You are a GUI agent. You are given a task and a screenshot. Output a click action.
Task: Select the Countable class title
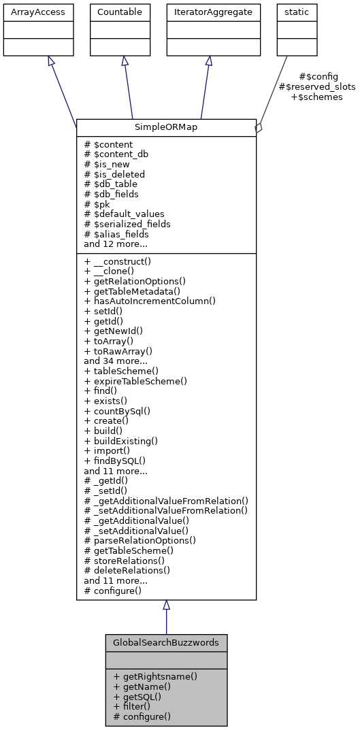120,12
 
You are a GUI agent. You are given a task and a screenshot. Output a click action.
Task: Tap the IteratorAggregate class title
212,12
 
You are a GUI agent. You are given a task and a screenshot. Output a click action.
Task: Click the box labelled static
291,12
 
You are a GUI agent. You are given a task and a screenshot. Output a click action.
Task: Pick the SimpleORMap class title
166,128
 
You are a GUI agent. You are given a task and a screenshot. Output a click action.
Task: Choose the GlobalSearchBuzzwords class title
166,642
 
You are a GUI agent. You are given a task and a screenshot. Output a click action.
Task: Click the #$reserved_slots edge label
317,87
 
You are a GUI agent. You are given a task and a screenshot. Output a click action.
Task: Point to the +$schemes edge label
316,97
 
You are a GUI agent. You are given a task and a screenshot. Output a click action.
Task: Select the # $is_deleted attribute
114,174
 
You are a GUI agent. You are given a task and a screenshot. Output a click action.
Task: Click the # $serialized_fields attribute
127,224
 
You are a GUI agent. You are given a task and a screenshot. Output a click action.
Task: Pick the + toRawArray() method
118,351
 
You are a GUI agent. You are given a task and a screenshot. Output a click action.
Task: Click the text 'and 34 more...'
116,361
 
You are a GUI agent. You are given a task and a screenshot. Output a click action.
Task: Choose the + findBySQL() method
115,461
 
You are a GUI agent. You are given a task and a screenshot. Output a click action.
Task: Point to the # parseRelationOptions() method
140,541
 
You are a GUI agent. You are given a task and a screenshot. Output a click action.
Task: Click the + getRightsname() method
155,677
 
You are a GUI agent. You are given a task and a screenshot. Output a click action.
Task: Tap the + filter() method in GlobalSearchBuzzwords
132,706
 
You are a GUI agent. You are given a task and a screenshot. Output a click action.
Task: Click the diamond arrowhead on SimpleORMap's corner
258,127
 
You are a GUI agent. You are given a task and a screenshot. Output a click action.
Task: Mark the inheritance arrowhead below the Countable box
125,61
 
